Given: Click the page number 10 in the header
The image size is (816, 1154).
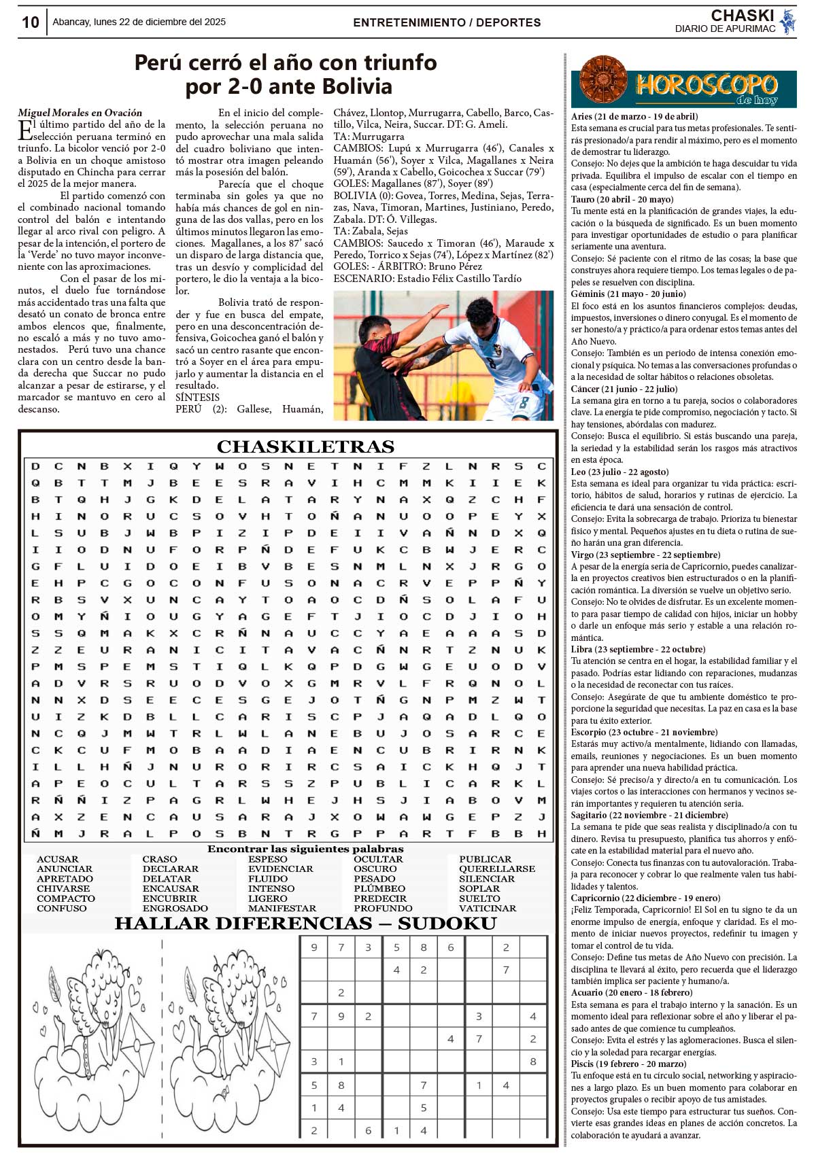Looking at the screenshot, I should (x=31, y=22).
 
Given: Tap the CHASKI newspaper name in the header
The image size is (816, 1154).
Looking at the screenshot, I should (x=742, y=16).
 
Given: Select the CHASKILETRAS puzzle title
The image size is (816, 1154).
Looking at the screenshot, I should (x=305, y=447).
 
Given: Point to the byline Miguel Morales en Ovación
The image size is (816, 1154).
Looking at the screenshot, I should (x=80, y=113).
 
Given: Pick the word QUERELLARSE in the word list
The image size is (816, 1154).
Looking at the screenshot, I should (x=496, y=869).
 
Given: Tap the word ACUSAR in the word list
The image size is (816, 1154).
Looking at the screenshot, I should (x=58, y=859).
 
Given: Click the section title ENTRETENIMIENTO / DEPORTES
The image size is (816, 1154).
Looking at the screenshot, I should (x=447, y=22).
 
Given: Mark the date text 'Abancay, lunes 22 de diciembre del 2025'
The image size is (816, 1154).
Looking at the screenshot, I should (x=139, y=22).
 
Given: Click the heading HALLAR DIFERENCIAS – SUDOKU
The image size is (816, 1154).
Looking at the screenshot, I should (x=305, y=924).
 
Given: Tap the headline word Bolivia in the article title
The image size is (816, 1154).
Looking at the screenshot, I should (x=357, y=86).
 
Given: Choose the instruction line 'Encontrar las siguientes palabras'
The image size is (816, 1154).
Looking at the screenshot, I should (x=305, y=849).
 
